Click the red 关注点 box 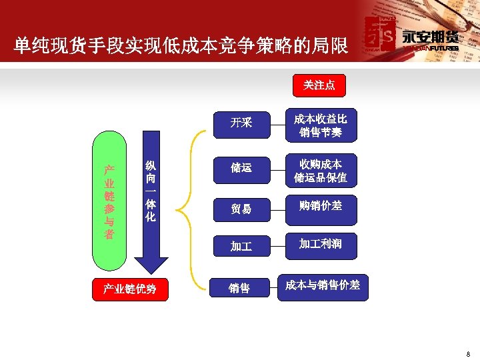(319, 85)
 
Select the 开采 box (241, 123)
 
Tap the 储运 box (241, 168)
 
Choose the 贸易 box (241, 209)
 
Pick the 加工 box (241, 247)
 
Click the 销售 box (239, 288)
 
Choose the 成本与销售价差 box (322, 285)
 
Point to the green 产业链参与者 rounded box (109, 200)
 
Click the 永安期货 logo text (430, 37)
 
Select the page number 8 (468, 353)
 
